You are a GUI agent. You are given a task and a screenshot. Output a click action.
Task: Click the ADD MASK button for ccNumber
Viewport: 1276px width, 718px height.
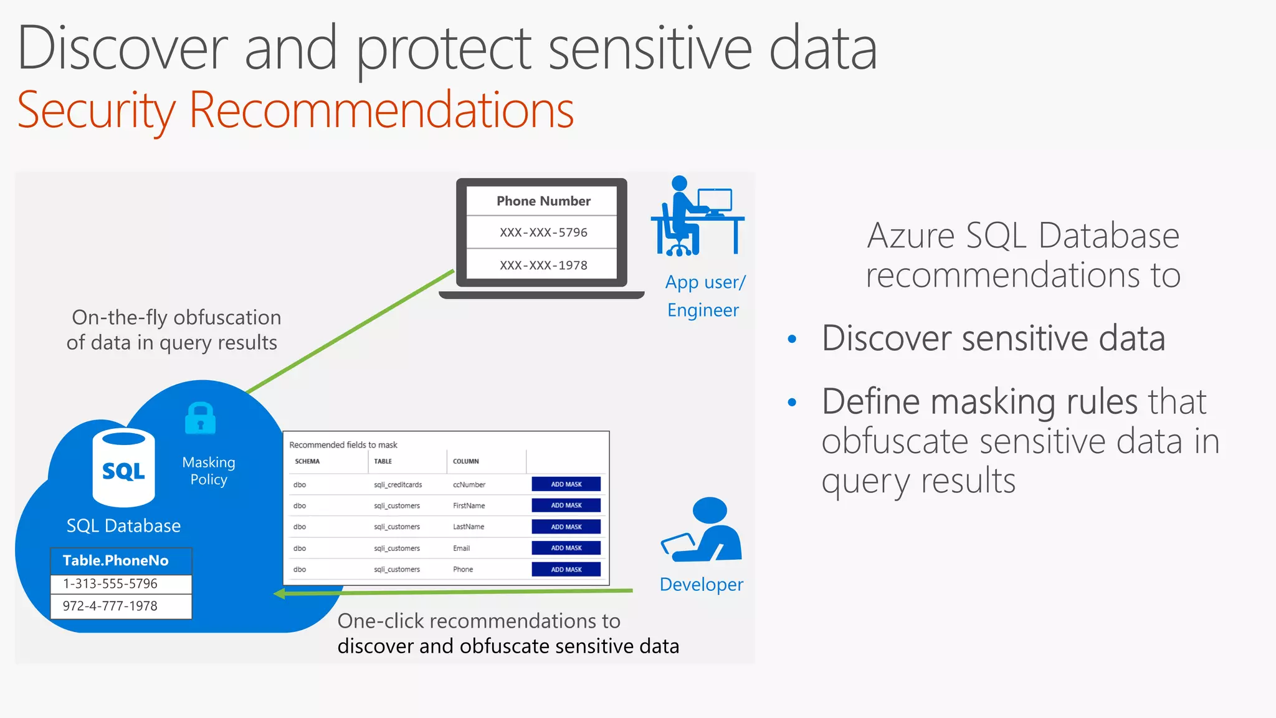[566, 484]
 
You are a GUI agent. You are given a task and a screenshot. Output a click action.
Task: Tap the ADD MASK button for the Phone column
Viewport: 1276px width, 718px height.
[566, 570]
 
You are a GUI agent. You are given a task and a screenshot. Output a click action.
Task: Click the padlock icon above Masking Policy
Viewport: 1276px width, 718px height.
[201, 418]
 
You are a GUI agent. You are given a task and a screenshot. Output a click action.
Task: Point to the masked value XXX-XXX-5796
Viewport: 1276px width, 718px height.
[543, 232]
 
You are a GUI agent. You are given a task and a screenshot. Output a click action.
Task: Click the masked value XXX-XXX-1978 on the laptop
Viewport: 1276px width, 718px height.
[543, 266]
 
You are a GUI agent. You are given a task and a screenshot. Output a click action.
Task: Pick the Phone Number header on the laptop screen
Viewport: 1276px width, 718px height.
[543, 201]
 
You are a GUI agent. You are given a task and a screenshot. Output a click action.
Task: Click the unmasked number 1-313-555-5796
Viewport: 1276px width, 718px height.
[110, 584]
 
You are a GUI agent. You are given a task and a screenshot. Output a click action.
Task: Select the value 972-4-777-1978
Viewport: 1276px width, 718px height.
[110, 606]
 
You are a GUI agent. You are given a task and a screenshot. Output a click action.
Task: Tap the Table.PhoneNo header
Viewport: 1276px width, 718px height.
[116, 560]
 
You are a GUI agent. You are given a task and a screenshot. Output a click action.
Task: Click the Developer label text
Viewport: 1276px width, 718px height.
[701, 585]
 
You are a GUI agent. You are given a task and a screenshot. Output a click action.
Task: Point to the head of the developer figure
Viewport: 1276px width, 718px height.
[710, 510]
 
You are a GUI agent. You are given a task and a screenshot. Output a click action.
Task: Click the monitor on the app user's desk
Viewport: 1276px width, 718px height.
[715, 200]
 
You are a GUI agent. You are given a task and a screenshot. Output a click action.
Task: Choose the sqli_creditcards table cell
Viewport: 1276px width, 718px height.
[398, 485]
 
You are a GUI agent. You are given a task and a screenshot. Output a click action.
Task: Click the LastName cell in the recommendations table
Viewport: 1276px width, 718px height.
[469, 527]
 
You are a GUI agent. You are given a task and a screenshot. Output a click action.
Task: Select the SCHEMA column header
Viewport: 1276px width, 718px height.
[307, 462]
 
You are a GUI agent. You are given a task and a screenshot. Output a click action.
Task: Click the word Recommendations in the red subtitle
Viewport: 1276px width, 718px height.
[381, 110]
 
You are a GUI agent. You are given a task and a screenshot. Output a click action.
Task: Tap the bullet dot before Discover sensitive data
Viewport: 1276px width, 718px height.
[792, 339]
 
